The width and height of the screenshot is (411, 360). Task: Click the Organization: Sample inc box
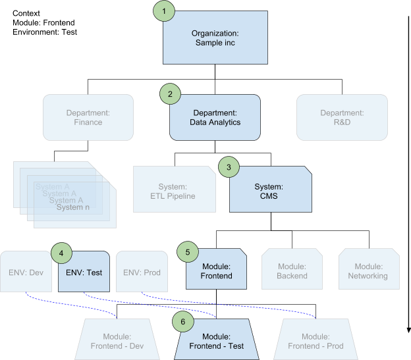[215, 38]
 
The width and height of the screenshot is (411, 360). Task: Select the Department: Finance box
[88, 118]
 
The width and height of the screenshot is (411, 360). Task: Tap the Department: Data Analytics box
[215, 118]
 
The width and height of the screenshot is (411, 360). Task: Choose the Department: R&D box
[341, 118]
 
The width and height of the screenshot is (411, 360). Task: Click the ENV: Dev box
[26, 272]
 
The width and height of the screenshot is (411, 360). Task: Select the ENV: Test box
[84, 272]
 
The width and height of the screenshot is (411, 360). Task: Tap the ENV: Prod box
[142, 272]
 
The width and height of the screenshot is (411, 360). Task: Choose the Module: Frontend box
[216, 270]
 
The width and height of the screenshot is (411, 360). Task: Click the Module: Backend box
[292, 270]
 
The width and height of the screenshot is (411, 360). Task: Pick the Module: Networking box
[368, 270]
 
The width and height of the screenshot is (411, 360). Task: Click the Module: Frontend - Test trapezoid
[217, 341]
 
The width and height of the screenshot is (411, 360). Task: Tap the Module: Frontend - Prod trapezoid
[315, 341]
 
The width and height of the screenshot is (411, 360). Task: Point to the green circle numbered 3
[228, 167]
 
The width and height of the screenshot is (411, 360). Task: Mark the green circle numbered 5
[187, 251]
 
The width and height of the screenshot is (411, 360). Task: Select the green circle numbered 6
[182, 322]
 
